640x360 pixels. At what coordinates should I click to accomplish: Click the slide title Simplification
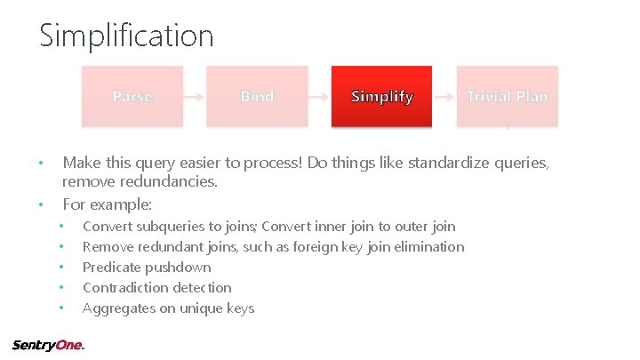coord(126,36)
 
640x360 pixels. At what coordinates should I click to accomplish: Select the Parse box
coord(132,96)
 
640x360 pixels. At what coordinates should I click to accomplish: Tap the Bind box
coord(257,96)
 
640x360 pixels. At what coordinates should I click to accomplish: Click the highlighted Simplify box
coord(382,96)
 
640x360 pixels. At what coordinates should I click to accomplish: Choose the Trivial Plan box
coord(508,96)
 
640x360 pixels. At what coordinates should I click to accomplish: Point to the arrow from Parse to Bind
coord(195,96)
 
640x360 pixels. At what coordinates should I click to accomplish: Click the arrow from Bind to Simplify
coord(320,96)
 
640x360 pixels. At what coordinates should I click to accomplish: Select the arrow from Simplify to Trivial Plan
coord(444,96)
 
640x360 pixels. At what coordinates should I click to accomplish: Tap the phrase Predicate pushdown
coord(147,268)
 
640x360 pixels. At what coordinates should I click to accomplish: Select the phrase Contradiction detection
coord(156,288)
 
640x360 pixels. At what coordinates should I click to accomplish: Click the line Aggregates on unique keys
coord(168,308)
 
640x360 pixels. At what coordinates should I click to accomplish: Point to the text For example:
coord(108,204)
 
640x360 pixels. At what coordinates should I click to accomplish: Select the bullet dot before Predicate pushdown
coord(60,268)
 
